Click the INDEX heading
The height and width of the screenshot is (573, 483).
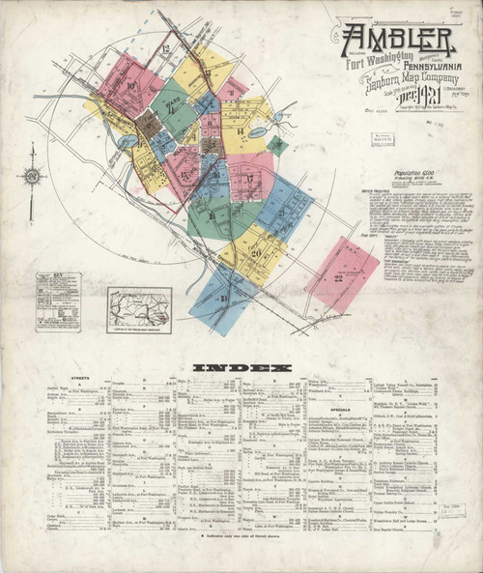(x=241, y=368)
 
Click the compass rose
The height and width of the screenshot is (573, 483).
(x=33, y=175)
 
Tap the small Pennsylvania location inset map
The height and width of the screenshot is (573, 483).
(x=139, y=310)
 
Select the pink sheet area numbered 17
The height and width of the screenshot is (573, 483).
(x=250, y=177)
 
